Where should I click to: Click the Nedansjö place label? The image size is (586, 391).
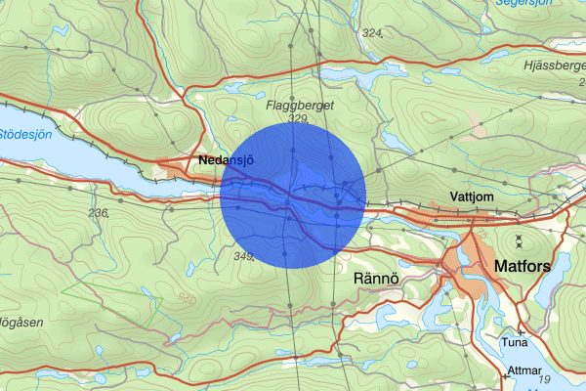[x=226, y=159]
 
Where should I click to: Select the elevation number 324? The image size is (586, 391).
[x=371, y=33]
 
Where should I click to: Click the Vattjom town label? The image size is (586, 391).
[x=471, y=196]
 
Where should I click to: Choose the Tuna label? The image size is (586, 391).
[x=514, y=343]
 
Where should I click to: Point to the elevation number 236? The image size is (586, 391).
[x=99, y=212]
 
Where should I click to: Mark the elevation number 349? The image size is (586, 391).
[x=244, y=257]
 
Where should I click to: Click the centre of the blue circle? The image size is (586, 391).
[x=293, y=195]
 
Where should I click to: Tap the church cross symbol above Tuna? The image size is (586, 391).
[x=520, y=332]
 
